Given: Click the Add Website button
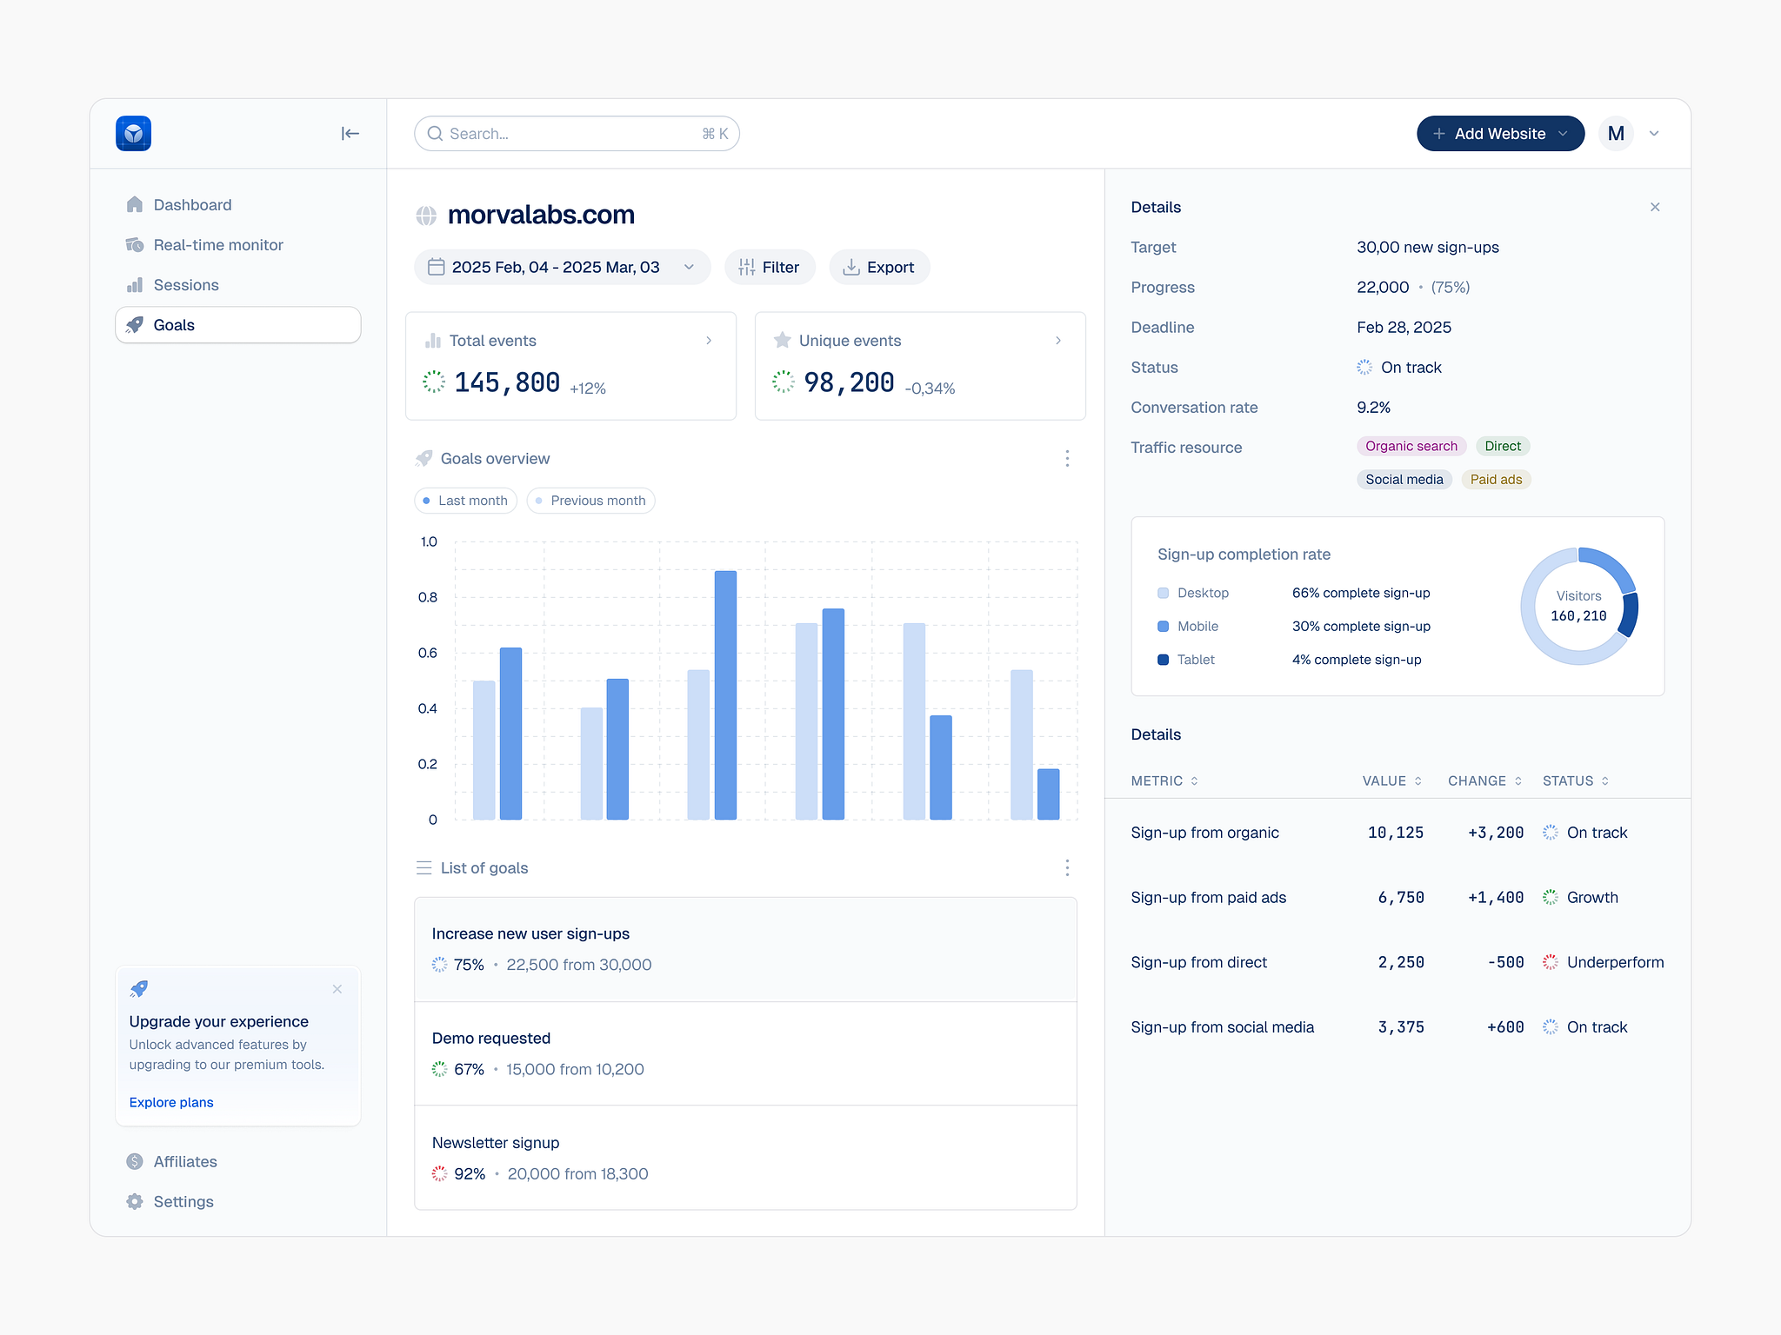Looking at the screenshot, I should (x=1498, y=134).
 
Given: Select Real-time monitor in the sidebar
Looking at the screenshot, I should (x=217, y=245).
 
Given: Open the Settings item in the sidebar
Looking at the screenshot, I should (x=183, y=1202).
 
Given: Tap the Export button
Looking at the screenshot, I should (x=879, y=268).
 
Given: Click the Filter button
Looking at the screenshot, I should (x=769, y=268).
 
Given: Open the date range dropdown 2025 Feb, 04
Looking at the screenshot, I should (x=562, y=268).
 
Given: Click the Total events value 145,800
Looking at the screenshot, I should (x=507, y=382).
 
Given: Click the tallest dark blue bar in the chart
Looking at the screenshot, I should (x=725, y=695).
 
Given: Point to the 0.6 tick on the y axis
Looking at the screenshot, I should (x=428, y=653).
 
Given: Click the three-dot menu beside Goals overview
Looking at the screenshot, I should (x=1067, y=459).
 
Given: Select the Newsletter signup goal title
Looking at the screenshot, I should (x=496, y=1143).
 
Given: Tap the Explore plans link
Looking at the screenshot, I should (x=171, y=1102).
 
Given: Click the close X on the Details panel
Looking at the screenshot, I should (x=1654, y=207).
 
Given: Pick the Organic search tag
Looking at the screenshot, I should (x=1411, y=447).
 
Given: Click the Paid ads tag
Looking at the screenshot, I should (x=1495, y=480).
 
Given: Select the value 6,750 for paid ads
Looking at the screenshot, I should (x=1400, y=898).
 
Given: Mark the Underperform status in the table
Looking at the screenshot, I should (x=1614, y=963).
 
